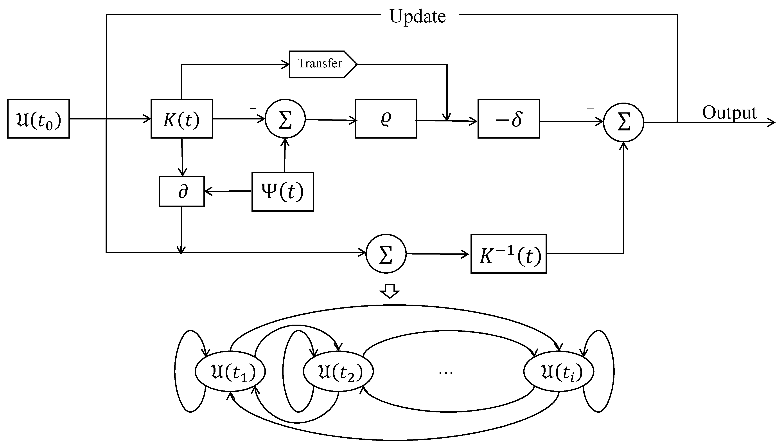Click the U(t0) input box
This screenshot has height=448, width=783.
38,119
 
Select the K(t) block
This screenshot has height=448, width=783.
182,119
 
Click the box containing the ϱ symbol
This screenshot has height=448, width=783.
386,119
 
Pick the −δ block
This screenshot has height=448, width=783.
508,119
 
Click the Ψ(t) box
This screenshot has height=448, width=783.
282,192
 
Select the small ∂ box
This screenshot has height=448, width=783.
182,191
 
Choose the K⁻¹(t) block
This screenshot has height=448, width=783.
508,254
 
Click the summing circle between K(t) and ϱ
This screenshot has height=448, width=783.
285,119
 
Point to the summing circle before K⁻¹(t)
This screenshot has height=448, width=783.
386,254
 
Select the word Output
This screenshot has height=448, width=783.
729,113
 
